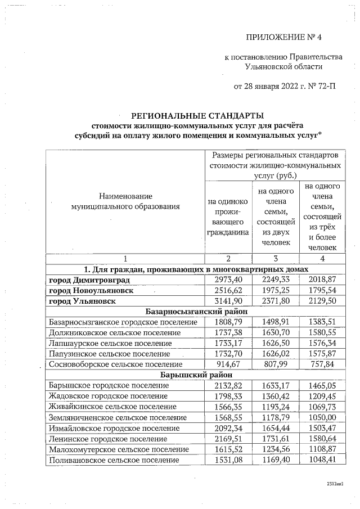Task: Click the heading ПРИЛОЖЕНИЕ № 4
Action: [x=286, y=38]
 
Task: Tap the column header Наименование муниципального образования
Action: [x=125, y=201]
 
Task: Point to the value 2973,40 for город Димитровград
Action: [x=228, y=280]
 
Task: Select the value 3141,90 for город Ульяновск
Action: [x=228, y=301]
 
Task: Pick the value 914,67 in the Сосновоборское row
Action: [x=228, y=364]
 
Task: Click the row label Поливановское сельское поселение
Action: [x=118, y=459]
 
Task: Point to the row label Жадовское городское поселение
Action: [x=117, y=396]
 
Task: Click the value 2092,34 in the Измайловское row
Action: [x=228, y=427]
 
